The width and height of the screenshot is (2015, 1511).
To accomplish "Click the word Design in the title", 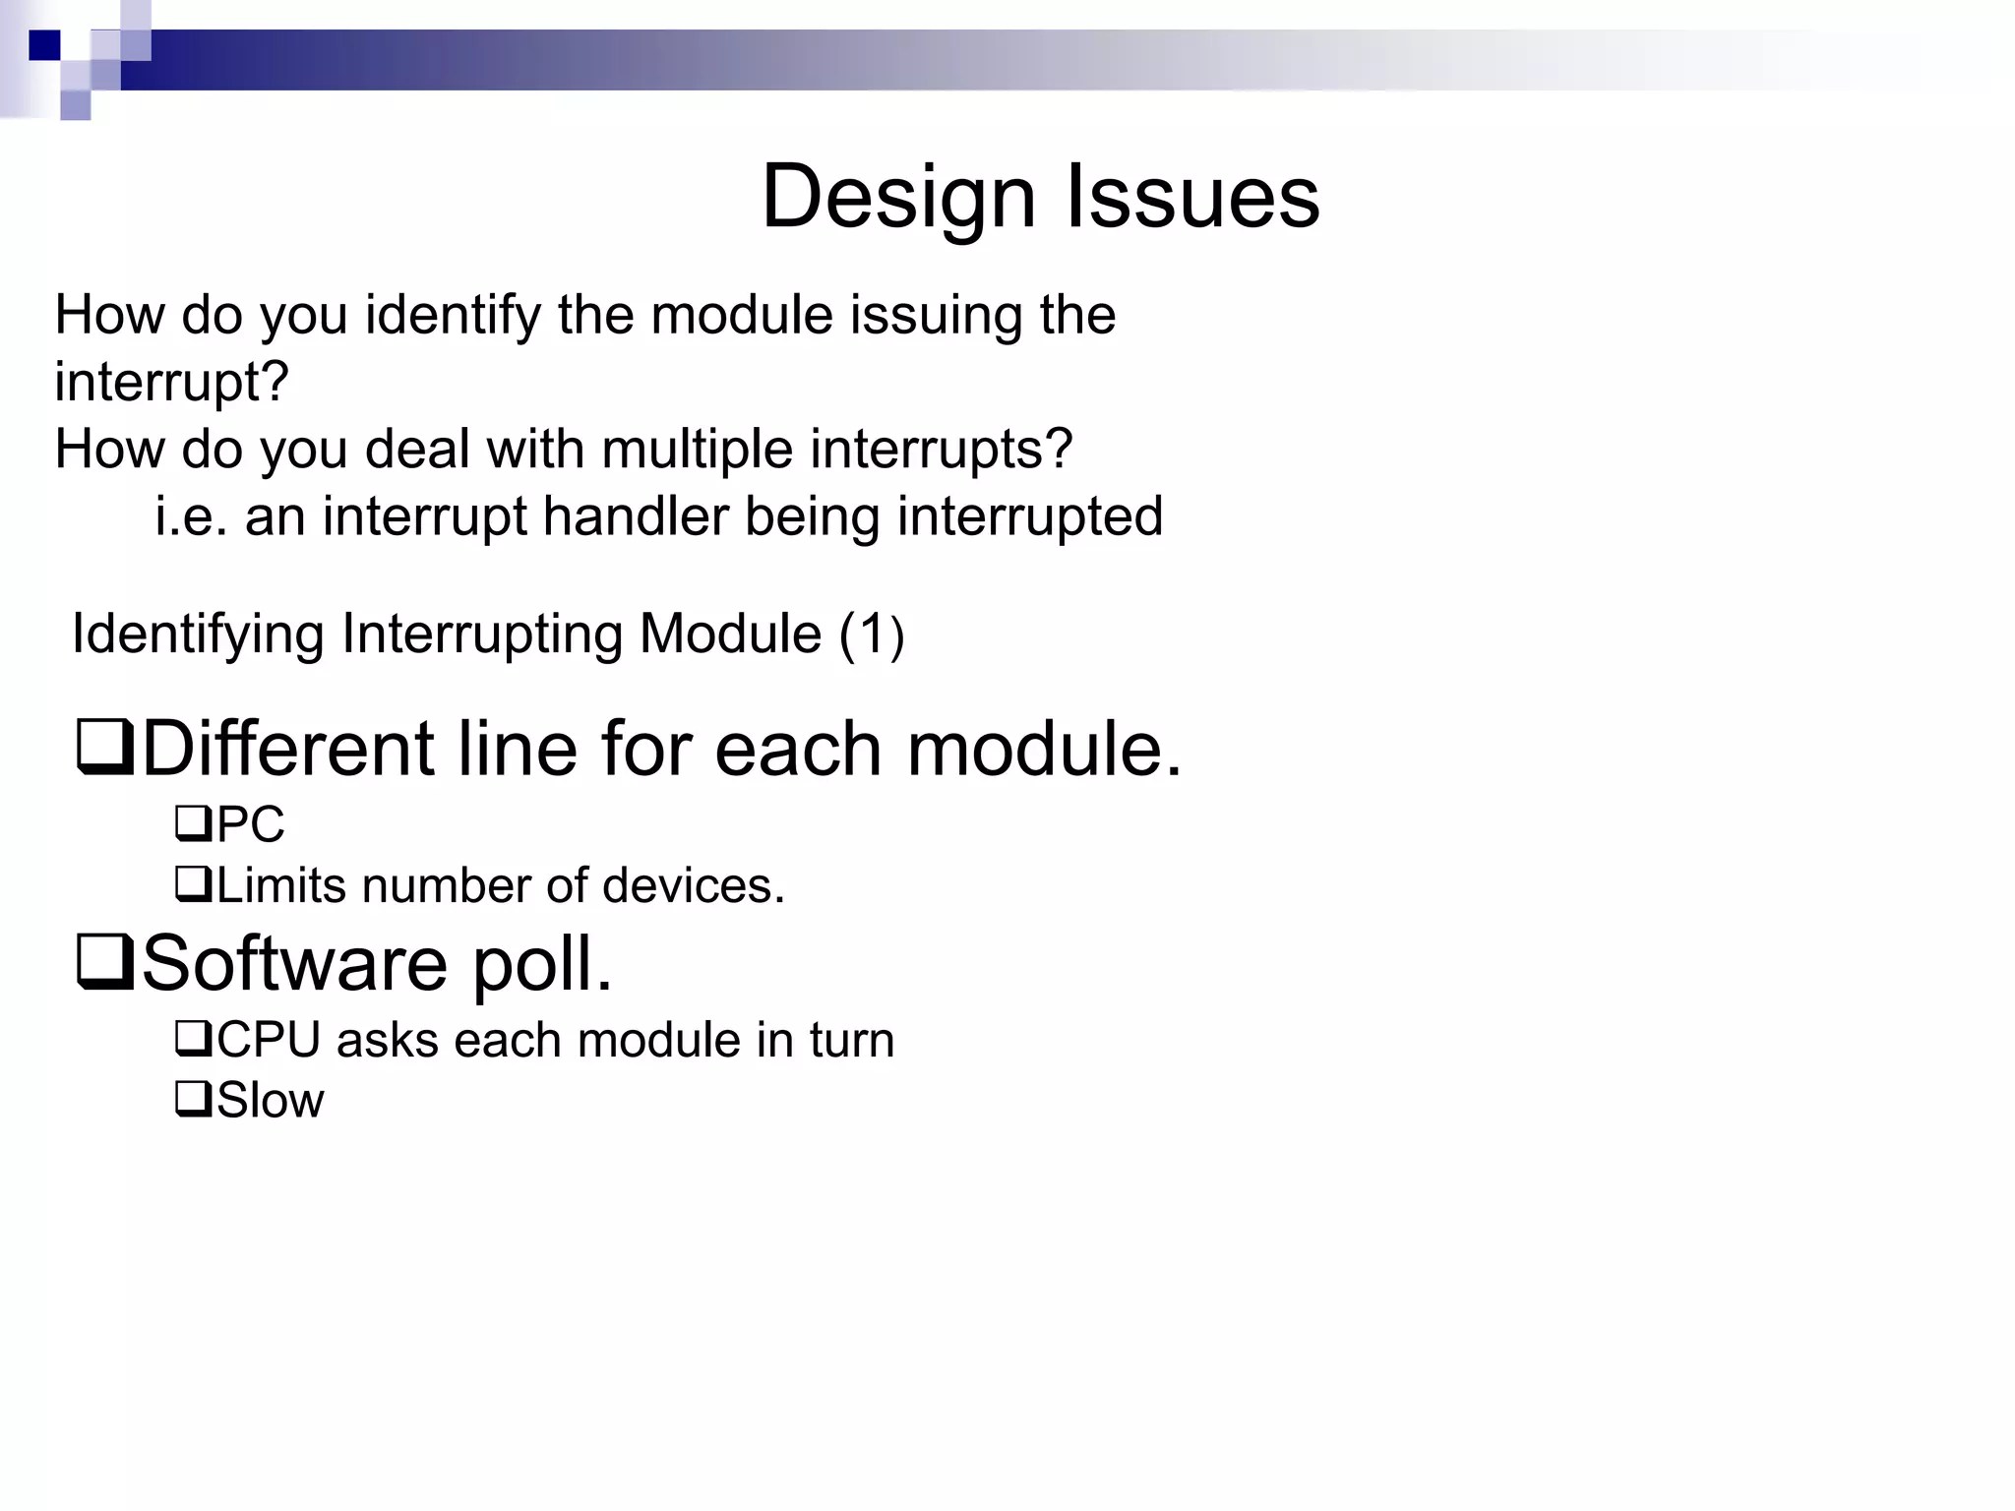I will pyautogui.click(x=898, y=197).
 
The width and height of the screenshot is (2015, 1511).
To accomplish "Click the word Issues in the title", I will pyautogui.click(x=1192, y=197).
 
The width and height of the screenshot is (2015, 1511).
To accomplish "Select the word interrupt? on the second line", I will pyautogui.click(x=172, y=382).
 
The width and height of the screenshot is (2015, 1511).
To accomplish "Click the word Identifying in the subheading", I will pyautogui.click(x=198, y=634).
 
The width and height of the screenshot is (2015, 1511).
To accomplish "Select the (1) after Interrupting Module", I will pyautogui.click(x=871, y=635).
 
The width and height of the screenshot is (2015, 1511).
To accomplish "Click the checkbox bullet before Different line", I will pyautogui.click(x=105, y=750).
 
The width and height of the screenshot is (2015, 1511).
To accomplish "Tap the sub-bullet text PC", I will pyautogui.click(x=250, y=824).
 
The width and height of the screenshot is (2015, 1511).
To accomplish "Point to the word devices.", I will pyautogui.click(x=693, y=885).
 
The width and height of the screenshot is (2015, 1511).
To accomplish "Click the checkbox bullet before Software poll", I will pyautogui.click(x=105, y=964).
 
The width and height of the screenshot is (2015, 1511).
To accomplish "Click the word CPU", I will pyautogui.click(x=268, y=1040).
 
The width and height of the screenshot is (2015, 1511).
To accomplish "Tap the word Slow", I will pyautogui.click(x=270, y=1100).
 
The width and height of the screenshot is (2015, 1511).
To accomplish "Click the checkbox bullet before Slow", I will pyautogui.click(x=193, y=1099).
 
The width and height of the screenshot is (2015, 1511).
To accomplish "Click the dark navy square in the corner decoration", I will pyautogui.click(x=44, y=45).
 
